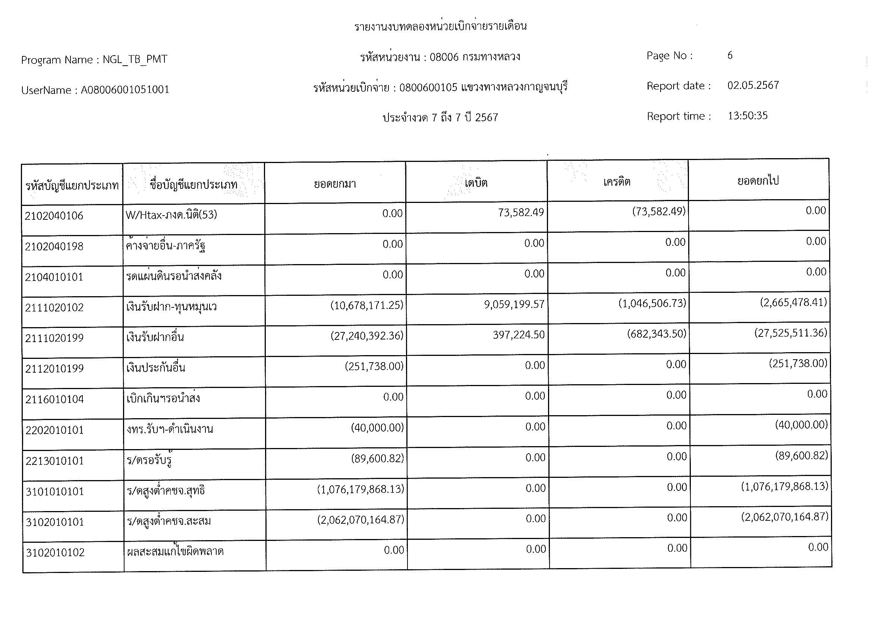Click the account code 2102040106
coord(54,216)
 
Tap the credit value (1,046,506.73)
coord(652,303)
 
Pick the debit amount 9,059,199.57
coord(514,304)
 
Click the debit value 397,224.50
coord(519,335)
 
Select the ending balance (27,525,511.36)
coord(790,333)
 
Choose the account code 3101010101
coord(55,492)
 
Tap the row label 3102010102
coord(55,552)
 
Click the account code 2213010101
coord(55,461)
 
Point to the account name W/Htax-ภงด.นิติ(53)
coord(171,215)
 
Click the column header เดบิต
coord(476,183)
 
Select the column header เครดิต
coord(617,182)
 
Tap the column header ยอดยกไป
coord(758,181)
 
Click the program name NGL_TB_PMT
coord(135,60)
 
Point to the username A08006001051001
coord(125,90)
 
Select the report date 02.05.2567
coord(753,85)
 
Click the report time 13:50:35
coord(747,116)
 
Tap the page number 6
coord(730,56)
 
